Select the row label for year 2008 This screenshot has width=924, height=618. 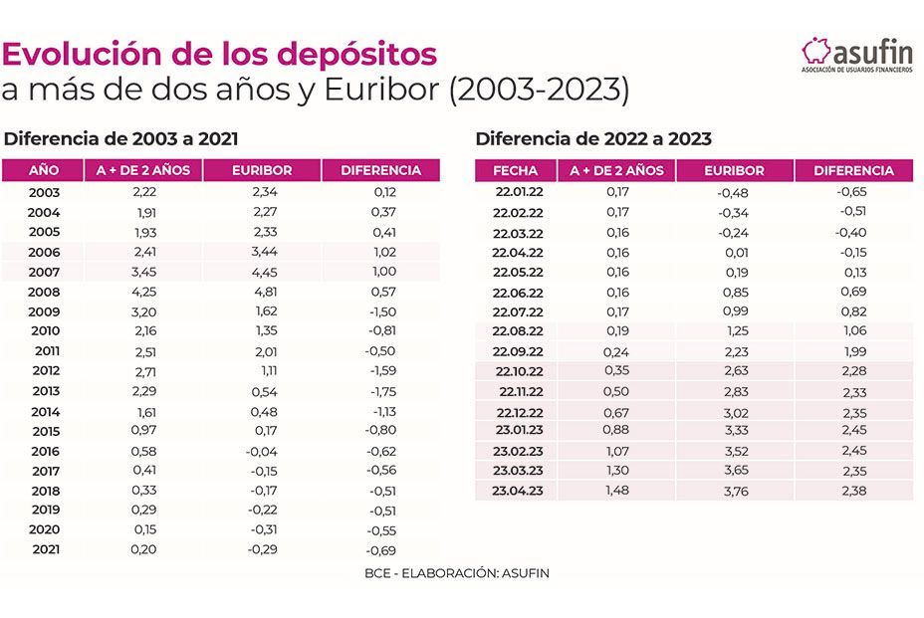(44, 292)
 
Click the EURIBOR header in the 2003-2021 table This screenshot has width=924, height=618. (261, 170)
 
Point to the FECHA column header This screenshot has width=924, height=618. (515, 170)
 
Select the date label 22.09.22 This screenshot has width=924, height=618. (518, 352)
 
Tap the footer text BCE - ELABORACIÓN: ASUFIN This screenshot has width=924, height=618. (457, 573)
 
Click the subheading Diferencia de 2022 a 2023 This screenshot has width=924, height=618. (593, 139)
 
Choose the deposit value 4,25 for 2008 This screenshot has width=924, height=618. (144, 292)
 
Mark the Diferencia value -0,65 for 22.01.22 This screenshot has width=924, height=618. (852, 192)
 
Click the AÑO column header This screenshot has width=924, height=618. (44, 170)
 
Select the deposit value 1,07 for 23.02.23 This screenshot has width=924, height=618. (617, 450)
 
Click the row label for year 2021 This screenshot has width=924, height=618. (44, 548)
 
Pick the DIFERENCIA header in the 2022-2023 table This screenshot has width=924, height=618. (853, 170)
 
